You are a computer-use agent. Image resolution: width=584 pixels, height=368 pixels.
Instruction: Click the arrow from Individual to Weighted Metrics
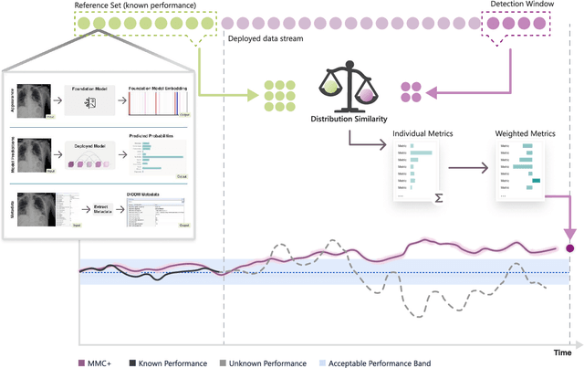472,169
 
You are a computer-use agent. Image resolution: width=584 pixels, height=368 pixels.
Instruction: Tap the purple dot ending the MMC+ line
570,247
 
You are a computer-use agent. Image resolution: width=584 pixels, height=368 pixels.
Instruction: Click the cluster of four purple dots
410,91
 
